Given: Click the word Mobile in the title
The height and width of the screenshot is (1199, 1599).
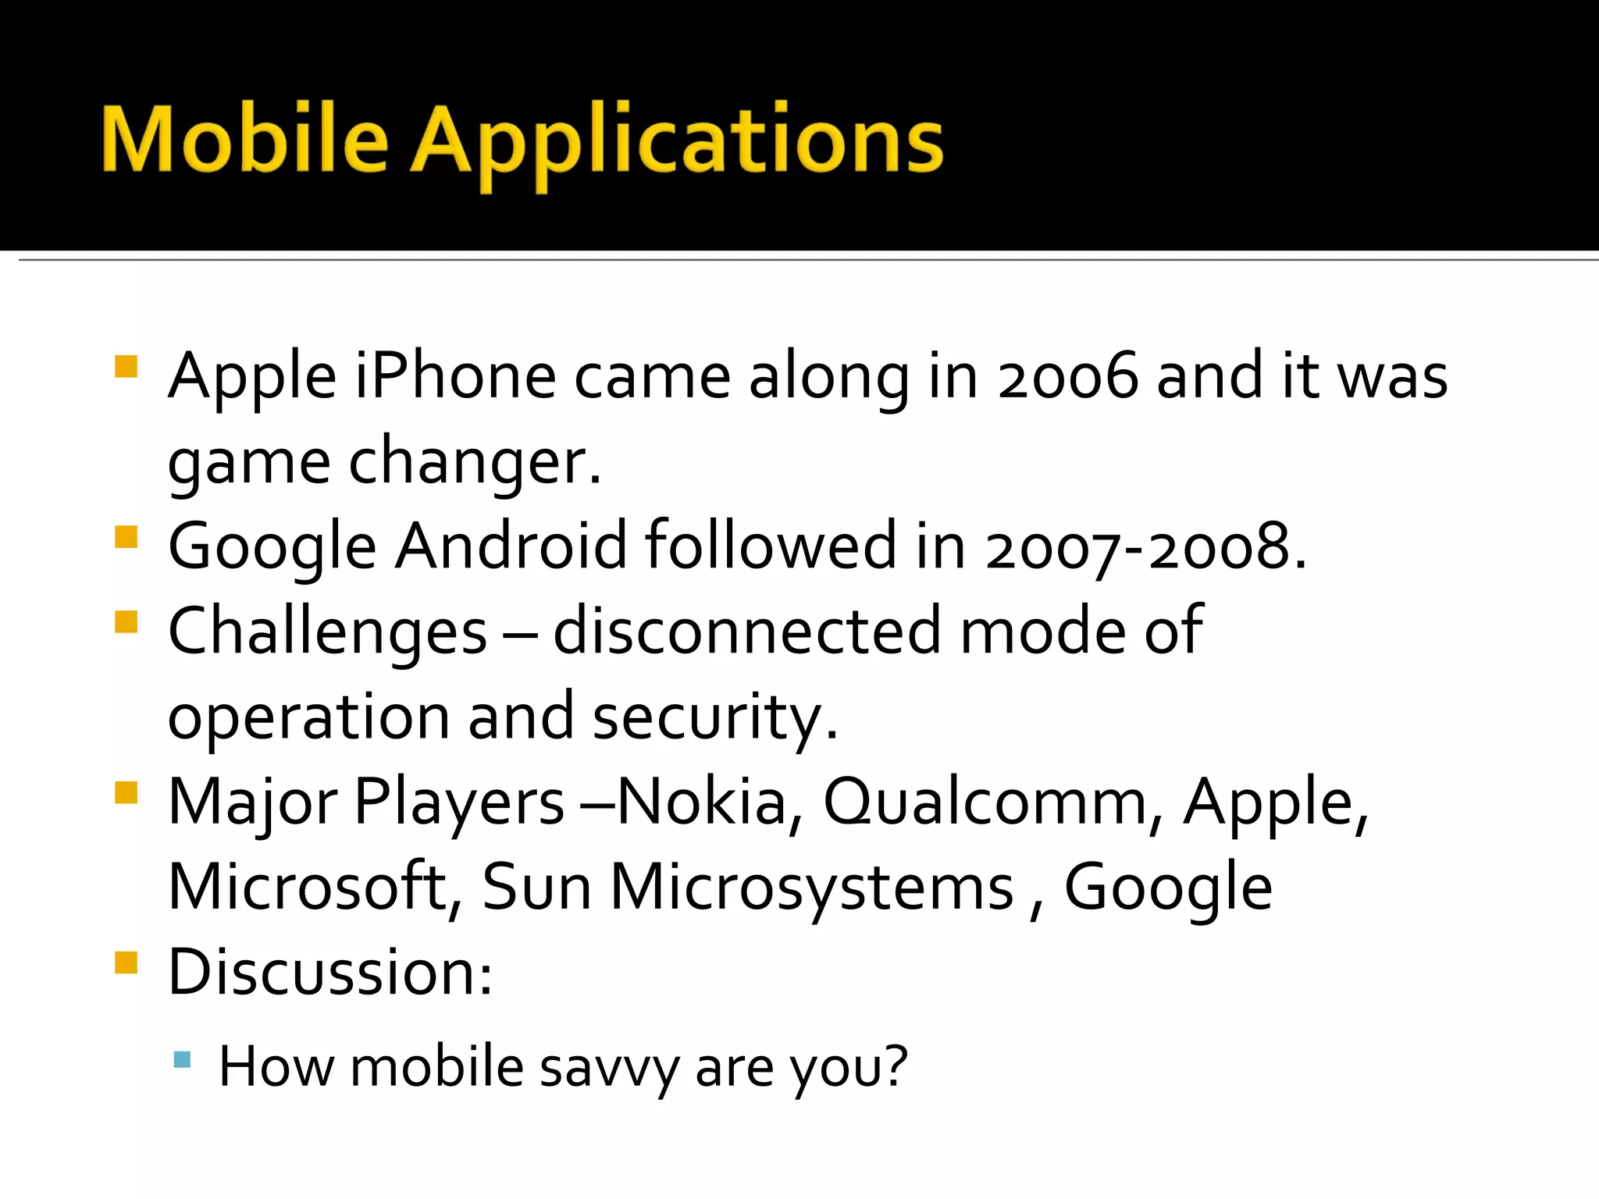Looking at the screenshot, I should pyautogui.click(x=244, y=141).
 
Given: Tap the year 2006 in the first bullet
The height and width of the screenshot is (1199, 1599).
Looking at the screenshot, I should pyautogui.click(x=1067, y=377).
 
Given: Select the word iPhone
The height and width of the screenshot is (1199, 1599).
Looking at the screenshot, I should pyautogui.click(x=455, y=377).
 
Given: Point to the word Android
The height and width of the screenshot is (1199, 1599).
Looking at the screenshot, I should pyautogui.click(x=511, y=546).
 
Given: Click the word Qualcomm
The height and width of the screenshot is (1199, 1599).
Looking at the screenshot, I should pyautogui.click(x=985, y=802).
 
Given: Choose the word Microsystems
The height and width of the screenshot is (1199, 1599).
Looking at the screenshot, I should pyautogui.click(x=811, y=888).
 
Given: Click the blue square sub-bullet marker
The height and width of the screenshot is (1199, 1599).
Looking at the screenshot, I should pyautogui.click(x=182, y=1059).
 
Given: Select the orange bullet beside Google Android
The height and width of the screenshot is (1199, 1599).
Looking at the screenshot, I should pyautogui.click(x=126, y=537).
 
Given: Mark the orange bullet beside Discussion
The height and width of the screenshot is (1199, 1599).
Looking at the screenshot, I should pyautogui.click(x=126, y=962).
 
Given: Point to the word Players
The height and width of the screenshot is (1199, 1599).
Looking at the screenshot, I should pyautogui.click(x=459, y=803).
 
